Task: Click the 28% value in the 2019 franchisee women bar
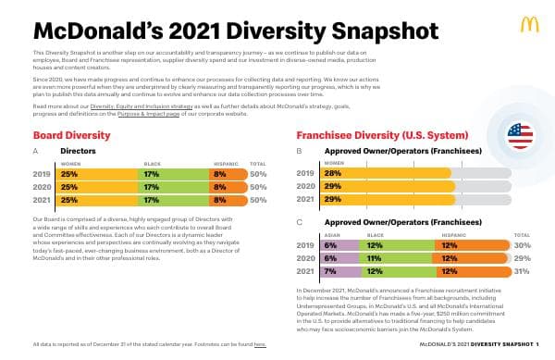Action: coord(333,173)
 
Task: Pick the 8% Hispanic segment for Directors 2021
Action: coord(219,199)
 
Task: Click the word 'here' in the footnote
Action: coord(260,344)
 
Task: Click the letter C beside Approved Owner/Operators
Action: coord(299,222)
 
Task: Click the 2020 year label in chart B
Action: coord(305,186)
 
